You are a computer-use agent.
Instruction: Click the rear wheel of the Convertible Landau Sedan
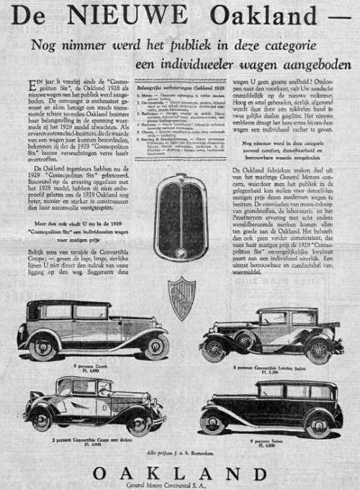(318, 350)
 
